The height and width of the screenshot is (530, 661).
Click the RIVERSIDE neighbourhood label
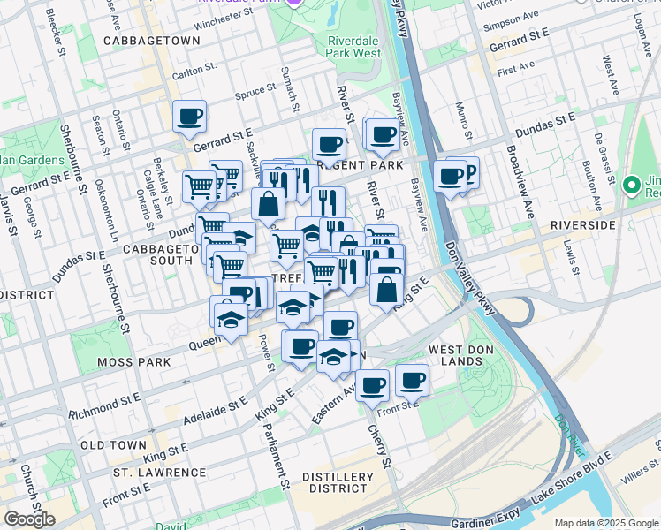point(581,225)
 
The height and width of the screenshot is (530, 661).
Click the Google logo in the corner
point(29,519)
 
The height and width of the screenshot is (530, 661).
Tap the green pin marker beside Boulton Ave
point(631,185)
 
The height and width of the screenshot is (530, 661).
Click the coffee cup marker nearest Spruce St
point(189,116)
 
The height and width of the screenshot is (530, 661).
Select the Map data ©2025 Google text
point(606,523)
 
